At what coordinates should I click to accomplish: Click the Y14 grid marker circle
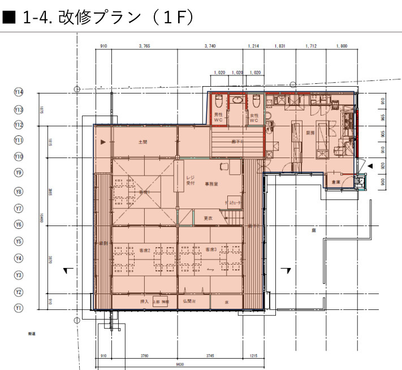(x=19, y=92)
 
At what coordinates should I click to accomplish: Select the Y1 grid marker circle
(x=19, y=308)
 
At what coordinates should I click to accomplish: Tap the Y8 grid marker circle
(x=19, y=192)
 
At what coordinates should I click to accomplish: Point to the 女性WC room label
(x=254, y=118)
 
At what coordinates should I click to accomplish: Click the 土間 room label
(x=142, y=142)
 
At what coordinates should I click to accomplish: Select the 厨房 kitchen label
(x=310, y=133)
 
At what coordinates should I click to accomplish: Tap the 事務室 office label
(x=212, y=184)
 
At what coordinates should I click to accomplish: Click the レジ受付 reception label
(x=191, y=180)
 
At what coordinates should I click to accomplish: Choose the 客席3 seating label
(x=211, y=250)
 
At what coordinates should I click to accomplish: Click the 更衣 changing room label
(x=208, y=218)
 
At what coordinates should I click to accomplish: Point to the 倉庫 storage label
(x=336, y=182)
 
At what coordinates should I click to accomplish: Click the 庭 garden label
(x=313, y=231)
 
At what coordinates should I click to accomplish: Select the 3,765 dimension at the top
(x=144, y=46)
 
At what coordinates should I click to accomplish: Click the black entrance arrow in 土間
(x=102, y=143)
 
